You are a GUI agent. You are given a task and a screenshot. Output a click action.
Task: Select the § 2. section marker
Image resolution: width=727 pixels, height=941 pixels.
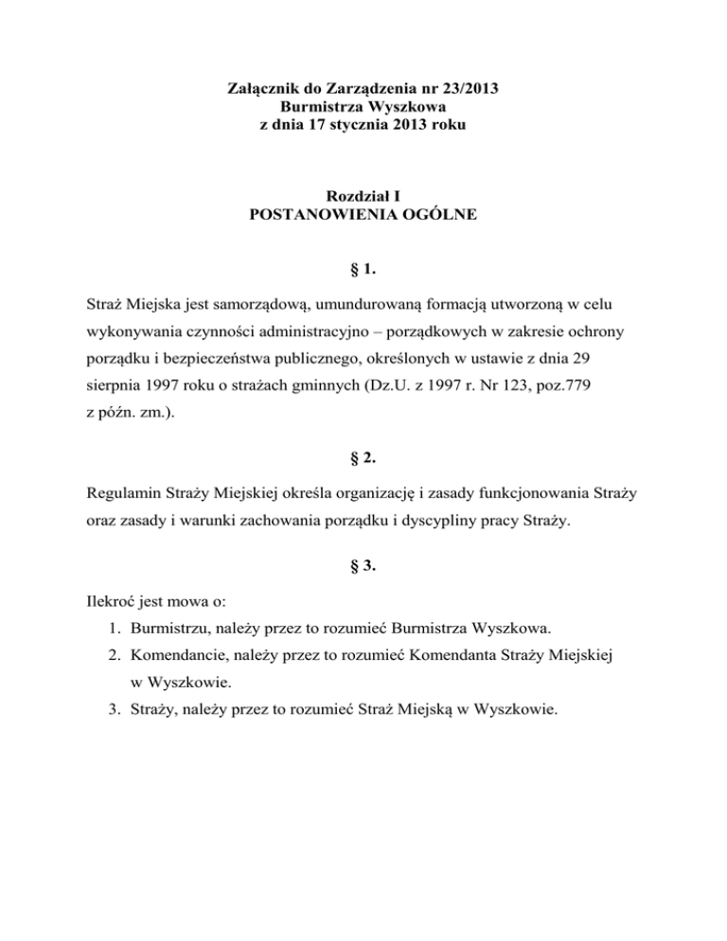tap(363, 459)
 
